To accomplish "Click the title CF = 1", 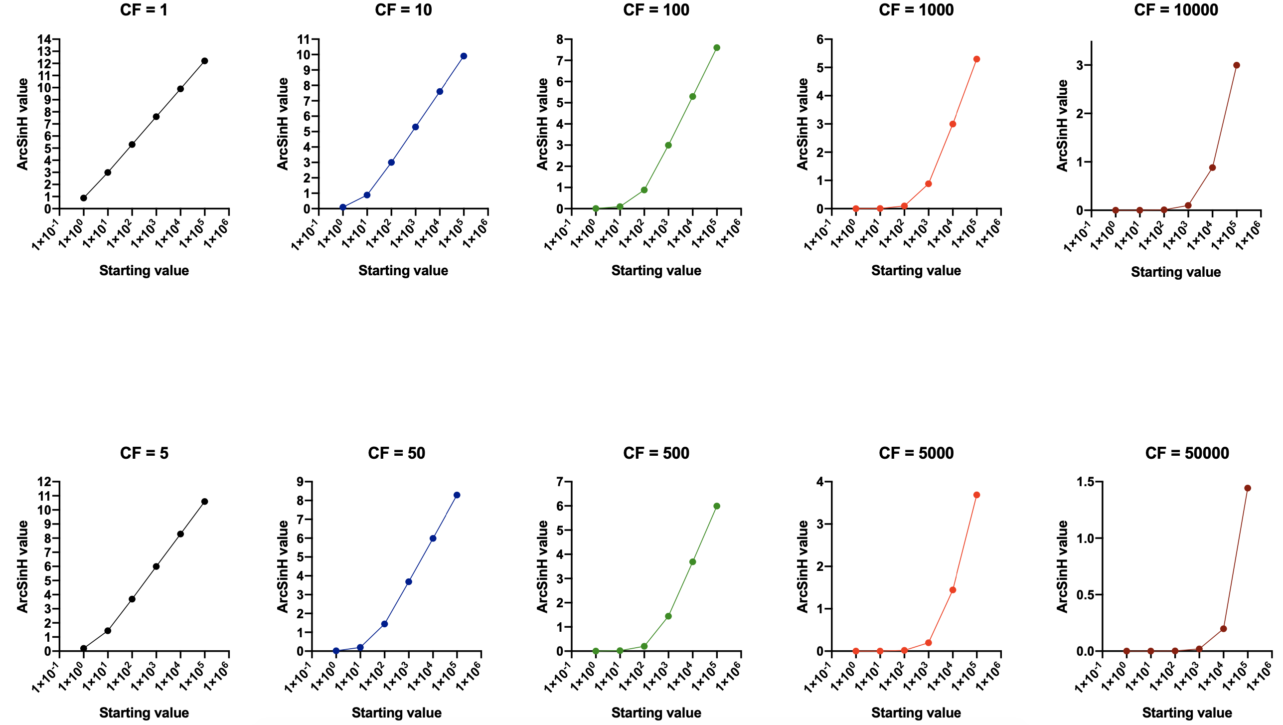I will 144,10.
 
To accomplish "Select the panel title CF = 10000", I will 1176,10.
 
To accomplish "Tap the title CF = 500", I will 656,453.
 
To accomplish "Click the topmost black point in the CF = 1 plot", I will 204,61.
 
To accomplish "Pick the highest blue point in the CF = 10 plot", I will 464,56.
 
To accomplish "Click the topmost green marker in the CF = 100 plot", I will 717,48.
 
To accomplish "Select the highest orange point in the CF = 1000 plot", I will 976,59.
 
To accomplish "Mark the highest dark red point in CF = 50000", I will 1248,488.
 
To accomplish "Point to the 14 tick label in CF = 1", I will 44,39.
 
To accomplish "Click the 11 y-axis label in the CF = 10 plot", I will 304,39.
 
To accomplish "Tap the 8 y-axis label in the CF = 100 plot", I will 560,39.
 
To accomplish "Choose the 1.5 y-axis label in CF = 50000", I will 1085,482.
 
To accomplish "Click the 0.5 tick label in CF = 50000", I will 1085,595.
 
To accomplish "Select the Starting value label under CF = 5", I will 144,713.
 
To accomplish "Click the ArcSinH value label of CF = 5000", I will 802,566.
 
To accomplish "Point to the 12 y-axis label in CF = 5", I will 44,482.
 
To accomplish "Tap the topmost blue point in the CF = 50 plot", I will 457,495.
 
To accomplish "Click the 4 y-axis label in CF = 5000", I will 820,482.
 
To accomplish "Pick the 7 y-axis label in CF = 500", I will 560,482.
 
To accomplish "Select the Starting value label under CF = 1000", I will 916,270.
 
